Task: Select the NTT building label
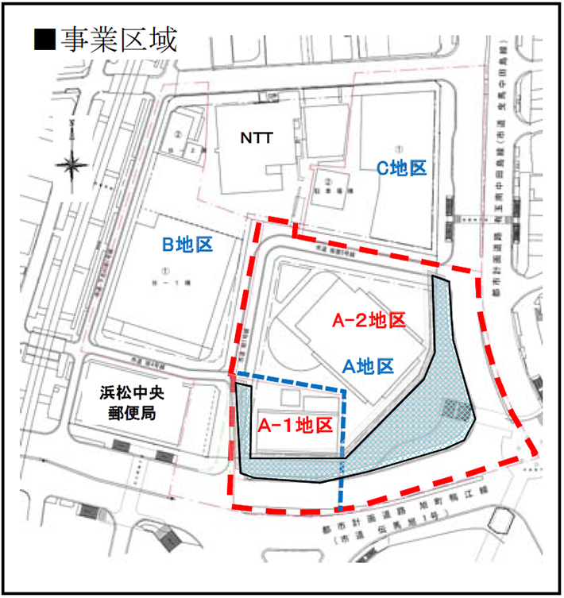pyautogui.click(x=257, y=137)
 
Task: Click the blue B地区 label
pyautogui.click(x=188, y=245)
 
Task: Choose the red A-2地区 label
pyautogui.click(x=369, y=322)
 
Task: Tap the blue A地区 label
pyautogui.click(x=368, y=366)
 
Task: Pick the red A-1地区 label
pyautogui.click(x=295, y=424)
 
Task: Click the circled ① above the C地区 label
pyautogui.click(x=400, y=148)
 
